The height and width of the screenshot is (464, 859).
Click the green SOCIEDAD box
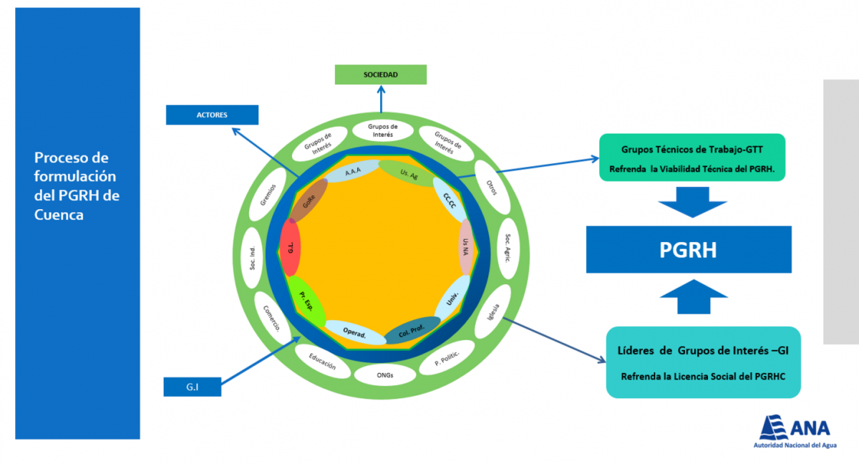(380, 74)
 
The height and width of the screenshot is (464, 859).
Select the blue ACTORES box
(212, 115)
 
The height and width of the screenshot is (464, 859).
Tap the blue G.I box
(192, 387)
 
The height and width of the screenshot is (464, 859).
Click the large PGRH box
(689, 250)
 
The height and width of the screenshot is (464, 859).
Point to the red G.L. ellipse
(291, 247)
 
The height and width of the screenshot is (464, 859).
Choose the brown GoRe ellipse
(309, 200)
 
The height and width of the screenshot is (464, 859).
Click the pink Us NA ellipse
(466, 247)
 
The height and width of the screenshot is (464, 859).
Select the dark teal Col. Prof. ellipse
(412, 330)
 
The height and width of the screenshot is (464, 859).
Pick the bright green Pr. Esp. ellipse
(306, 301)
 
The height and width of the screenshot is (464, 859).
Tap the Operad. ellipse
(355, 332)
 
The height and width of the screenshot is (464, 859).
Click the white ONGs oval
(385, 375)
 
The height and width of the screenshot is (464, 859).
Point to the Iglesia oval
(492, 311)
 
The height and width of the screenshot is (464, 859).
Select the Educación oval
(323, 361)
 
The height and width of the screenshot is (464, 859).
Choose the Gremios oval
(268, 195)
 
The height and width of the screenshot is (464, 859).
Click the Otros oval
(492, 188)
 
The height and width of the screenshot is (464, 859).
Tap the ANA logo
(795, 431)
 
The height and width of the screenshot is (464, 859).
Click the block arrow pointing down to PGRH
(693, 202)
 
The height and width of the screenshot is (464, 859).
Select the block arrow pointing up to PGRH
(694, 296)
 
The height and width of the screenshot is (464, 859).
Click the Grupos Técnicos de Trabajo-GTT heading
(691, 150)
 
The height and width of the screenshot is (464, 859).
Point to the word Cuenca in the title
(59, 215)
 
